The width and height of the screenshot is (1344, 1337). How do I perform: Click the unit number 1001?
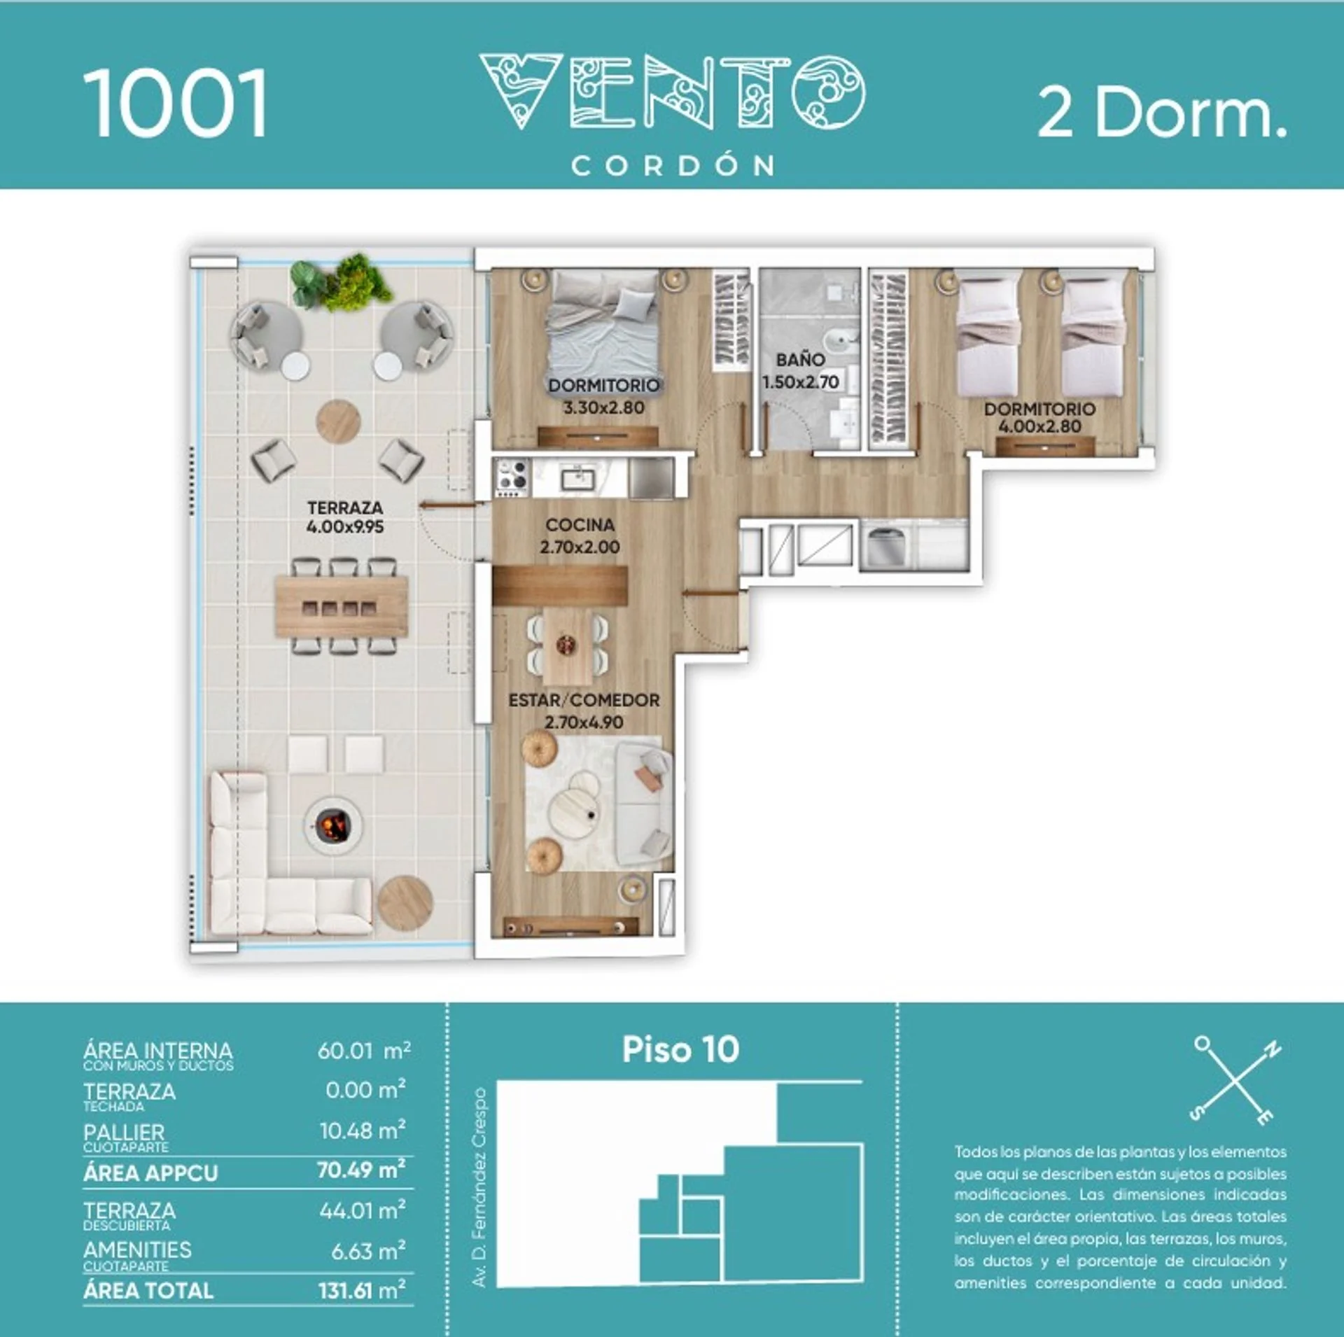coord(176,103)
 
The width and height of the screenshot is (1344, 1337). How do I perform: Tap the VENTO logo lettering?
coord(672,92)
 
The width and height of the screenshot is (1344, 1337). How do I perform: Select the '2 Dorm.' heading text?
coord(1162,113)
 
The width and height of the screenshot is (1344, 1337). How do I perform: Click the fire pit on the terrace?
coord(332,825)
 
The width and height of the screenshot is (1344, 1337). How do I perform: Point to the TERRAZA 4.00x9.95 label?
coord(345,517)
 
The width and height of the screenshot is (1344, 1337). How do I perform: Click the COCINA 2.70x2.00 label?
coord(580,535)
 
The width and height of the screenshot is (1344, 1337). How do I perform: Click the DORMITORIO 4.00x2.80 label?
coord(1039,418)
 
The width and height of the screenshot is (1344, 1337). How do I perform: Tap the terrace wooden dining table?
coord(342,605)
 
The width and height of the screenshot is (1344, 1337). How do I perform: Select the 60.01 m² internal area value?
coord(364,1051)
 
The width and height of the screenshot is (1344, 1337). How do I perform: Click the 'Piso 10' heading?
coord(680,1049)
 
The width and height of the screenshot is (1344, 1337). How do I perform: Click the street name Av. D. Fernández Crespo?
coord(479,1187)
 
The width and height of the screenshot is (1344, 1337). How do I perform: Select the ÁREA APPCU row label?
coord(150,1173)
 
